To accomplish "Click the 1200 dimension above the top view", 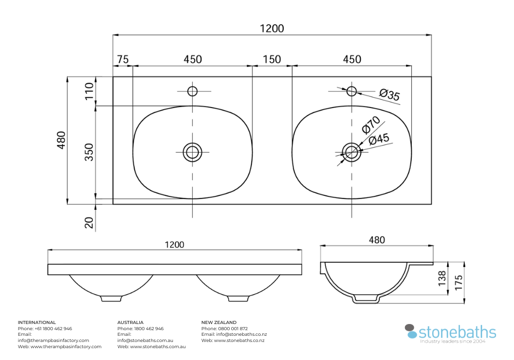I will [x=272, y=28].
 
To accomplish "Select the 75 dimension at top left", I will [x=122, y=60].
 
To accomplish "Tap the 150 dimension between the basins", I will [x=272, y=60].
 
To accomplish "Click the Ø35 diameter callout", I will [x=390, y=95].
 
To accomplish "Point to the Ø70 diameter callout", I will [x=371, y=124].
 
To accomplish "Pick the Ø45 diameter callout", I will [x=379, y=139].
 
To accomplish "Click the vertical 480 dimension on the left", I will [x=61, y=140].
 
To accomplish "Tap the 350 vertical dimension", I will [x=89, y=152].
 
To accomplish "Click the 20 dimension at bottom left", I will [x=89, y=223].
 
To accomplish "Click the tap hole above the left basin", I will [x=193, y=91].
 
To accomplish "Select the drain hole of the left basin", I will [x=193, y=152].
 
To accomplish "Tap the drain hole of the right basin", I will [x=352, y=152].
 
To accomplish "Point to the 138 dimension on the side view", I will [x=442, y=278].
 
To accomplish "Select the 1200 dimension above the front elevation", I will [x=174, y=245].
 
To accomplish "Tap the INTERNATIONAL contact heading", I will [x=37, y=322].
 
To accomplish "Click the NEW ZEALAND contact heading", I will [x=219, y=322].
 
